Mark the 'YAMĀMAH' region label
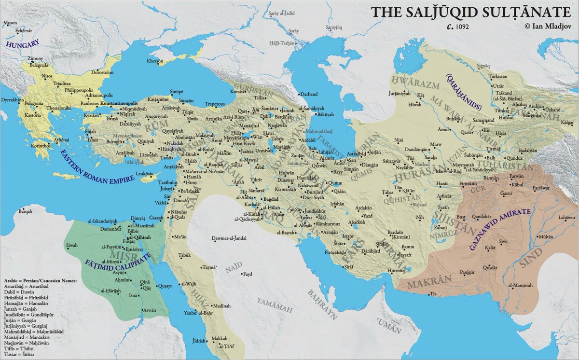(x=273, y=301)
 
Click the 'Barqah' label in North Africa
(x=25, y=211)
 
